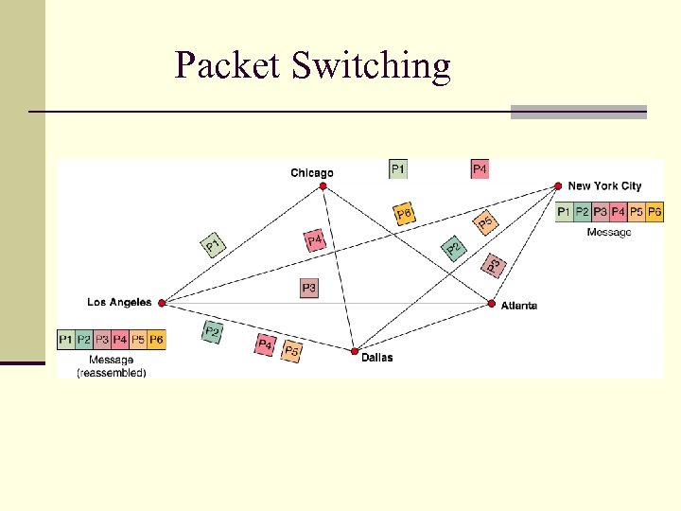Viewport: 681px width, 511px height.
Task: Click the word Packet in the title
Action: [228, 66]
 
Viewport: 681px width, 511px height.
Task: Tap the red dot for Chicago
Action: [323, 186]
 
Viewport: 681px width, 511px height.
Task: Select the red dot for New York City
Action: [558, 186]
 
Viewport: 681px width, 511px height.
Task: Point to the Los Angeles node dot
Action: [162, 303]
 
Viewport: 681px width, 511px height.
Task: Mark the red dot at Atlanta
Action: [492, 304]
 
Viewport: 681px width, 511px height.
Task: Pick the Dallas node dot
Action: [355, 351]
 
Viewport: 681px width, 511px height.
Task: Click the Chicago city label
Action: [311, 172]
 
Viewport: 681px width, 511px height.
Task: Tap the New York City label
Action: [604, 186]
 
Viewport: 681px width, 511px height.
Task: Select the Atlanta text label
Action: [519, 306]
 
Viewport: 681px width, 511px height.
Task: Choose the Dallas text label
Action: [376, 358]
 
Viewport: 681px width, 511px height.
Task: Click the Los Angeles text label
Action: [119, 303]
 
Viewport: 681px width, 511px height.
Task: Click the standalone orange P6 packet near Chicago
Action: [404, 215]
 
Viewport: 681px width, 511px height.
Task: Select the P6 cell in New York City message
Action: [654, 212]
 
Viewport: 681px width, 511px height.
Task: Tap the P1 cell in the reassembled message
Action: [66, 339]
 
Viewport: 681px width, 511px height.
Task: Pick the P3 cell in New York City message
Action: [600, 212]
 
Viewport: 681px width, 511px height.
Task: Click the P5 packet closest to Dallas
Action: [292, 351]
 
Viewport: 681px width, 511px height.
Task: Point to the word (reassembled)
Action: [112, 373]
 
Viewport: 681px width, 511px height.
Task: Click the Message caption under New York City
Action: [608, 232]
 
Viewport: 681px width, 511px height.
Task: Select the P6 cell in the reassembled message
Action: [156, 339]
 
